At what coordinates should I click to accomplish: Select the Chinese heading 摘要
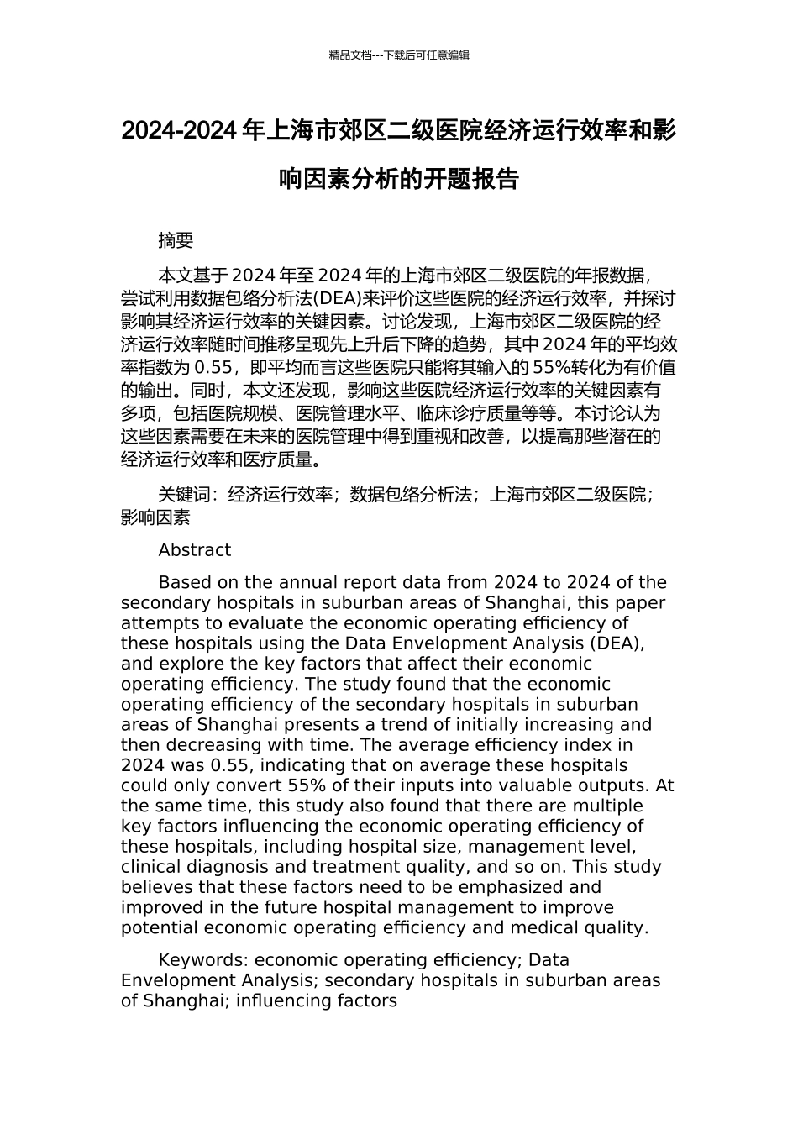(176, 240)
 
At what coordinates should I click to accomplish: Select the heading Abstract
(194, 550)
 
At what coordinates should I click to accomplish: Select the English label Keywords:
(204, 960)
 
